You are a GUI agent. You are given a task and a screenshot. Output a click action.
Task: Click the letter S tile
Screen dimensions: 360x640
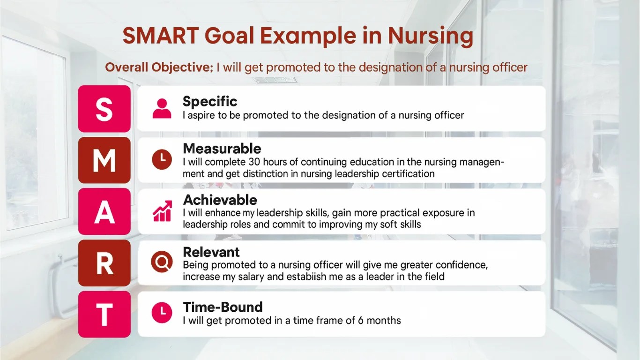[x=104, y=109]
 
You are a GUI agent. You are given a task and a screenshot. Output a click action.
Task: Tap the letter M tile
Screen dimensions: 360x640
[x=104, y=160]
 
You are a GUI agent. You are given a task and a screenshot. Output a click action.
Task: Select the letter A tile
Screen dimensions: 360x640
[x=104, y=212]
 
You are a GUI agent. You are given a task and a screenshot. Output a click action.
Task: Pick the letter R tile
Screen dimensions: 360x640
[x=104, y=263]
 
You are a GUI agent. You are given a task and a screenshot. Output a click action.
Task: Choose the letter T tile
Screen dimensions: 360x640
[x=104, y=315]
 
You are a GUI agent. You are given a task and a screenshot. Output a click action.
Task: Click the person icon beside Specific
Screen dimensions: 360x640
[x=162, y=108]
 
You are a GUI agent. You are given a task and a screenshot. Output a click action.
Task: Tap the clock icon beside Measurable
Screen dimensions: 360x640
[x=162, y=160]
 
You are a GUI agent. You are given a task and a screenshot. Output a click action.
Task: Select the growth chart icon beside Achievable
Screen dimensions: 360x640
[x=162, y=211]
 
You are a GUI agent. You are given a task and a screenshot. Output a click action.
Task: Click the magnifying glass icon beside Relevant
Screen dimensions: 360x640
[x=162, y=262]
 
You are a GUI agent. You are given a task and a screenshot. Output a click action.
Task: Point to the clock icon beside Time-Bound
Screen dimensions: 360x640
[x=162, y=313]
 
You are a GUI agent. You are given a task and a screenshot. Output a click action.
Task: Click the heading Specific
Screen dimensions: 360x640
[x=210, y=101]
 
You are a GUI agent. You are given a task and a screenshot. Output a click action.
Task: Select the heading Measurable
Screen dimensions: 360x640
[x=222, y=149]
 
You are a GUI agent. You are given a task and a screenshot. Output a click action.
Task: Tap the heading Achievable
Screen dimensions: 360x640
[x=220, y=200]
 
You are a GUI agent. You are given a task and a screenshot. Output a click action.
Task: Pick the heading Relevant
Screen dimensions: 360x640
[x=211, y=252]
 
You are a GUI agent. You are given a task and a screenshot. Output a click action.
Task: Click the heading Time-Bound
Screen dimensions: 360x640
[x=223, y=307]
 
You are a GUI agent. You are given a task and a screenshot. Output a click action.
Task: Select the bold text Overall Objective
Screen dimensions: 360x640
[x=159, y=67]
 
